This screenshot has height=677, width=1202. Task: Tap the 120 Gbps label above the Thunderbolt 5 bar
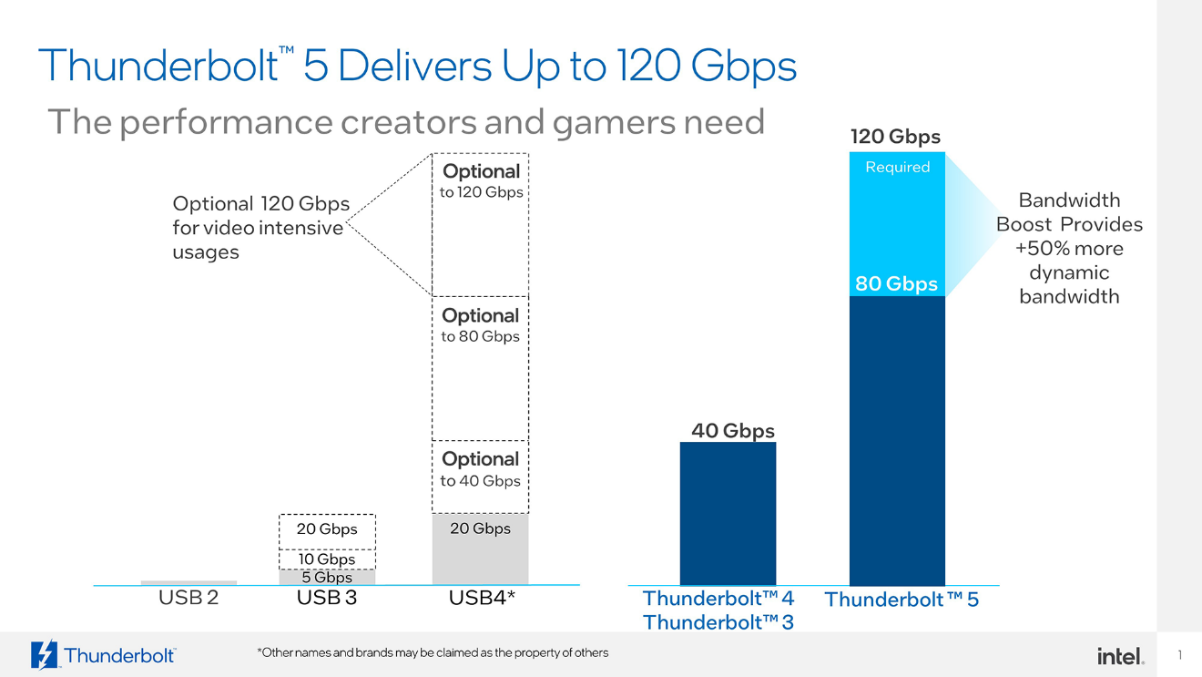click(x=895, y=137)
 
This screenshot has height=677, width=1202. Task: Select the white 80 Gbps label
click(x=896, y=283)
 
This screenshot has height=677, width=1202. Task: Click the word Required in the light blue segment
click(x=897, y=167)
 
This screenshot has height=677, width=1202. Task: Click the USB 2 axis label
click(x=188, y=599)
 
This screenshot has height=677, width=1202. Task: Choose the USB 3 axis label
click(x=326, y=599)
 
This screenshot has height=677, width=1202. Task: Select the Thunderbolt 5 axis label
click(x=901, y=600)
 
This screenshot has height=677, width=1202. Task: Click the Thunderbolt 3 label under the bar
click(x=718, y=622)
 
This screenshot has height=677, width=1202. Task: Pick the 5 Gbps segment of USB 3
click(x=327, y=577)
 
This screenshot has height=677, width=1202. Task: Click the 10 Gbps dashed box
click(x=327, y=559)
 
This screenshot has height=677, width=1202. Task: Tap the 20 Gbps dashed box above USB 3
click(x=327, y=529)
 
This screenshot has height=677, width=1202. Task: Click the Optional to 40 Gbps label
click(x=480, y=469)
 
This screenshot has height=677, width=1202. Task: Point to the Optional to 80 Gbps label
click(x=480, y=325)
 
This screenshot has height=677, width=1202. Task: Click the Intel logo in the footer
click(x=1120, y=656)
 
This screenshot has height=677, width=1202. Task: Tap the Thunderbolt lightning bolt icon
click(x=44, y=655)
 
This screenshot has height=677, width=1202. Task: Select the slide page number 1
click(x=1179, y=655)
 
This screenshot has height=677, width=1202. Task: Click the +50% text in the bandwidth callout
click(x=1036, y=249)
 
